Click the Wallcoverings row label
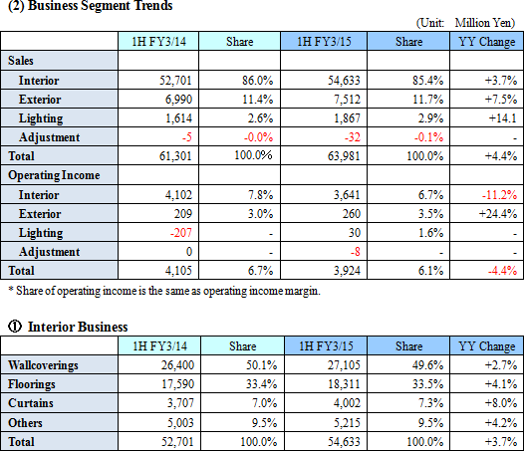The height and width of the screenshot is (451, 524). click(x=43, y=365)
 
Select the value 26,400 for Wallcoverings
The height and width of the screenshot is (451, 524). click(x=177, y=365)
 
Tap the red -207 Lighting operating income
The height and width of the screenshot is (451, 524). click(x=181, y=233)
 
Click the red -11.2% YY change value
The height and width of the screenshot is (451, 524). click(x=499, y=195)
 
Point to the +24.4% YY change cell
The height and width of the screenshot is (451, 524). click(x=498, y=214)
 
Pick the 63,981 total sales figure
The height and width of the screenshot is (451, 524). click(x=344, y=156)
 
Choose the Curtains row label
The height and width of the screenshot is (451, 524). click(x=31, y=403)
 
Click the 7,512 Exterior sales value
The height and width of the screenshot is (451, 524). click(x=348, y=100)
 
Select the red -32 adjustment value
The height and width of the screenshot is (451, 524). click(x=353, y=137)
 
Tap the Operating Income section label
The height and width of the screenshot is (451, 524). click(x=54, y=175)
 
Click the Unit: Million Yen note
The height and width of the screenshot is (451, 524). click(x=465, y=23)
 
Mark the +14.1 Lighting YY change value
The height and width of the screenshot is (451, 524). click(x=503, y=118)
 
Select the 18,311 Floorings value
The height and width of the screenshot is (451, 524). click(x=344, y=384)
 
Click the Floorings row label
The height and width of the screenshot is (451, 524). click(x=32, y=384)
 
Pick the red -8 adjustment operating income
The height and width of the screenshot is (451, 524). click(x=355, y=252)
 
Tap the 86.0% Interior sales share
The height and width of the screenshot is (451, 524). click(x=257, y=81)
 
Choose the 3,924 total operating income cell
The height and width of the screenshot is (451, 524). click(x=347, y=271)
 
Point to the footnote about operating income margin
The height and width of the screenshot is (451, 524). click(x=164, y=291)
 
